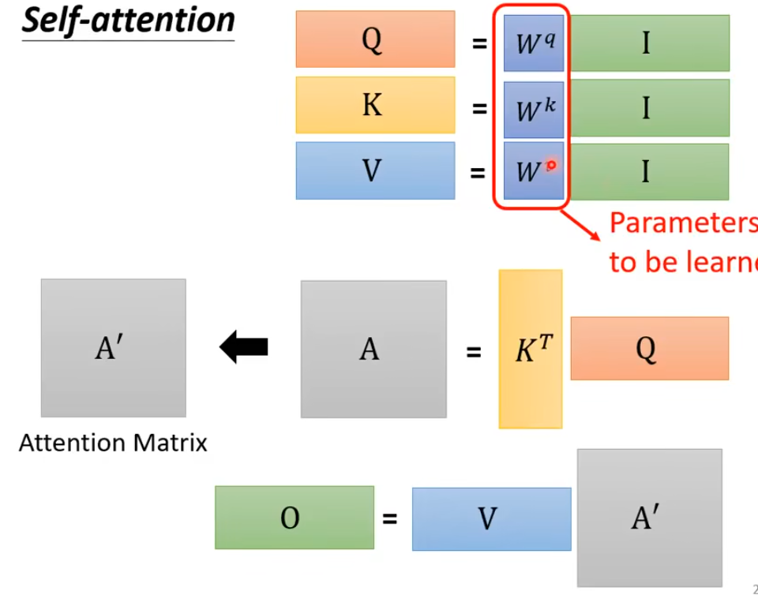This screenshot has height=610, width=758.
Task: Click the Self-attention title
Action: [x=128, y=21]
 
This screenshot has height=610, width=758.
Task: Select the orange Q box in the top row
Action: [x=375, y=39]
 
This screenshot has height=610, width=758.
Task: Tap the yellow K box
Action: [x=375, y=105]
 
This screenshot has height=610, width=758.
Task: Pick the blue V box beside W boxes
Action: [x=375, y=170]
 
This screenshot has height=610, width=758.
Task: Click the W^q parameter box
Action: [x=535, y=43]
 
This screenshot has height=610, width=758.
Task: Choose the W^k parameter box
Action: [x=535, y=109]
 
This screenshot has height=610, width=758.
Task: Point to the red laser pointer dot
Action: [x=551, y=165]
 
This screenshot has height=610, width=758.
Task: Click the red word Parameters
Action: [x=682, y=224]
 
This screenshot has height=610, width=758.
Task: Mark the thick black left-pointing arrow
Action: [x=244, y=346]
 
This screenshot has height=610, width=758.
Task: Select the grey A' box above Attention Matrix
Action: [x=113, y=347]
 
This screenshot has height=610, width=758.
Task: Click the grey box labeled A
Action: [x=373, y=349]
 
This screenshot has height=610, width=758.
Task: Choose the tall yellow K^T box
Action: [x=531, y=349]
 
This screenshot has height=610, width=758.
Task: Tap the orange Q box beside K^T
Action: [x=649, y=348]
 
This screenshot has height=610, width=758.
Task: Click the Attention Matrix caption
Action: [x=113, y=443]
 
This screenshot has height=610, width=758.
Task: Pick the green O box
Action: [x=294, y=518]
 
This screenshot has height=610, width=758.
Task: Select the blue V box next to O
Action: [x=491, y=518]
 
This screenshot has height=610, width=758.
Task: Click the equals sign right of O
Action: [x=390, y=519]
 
